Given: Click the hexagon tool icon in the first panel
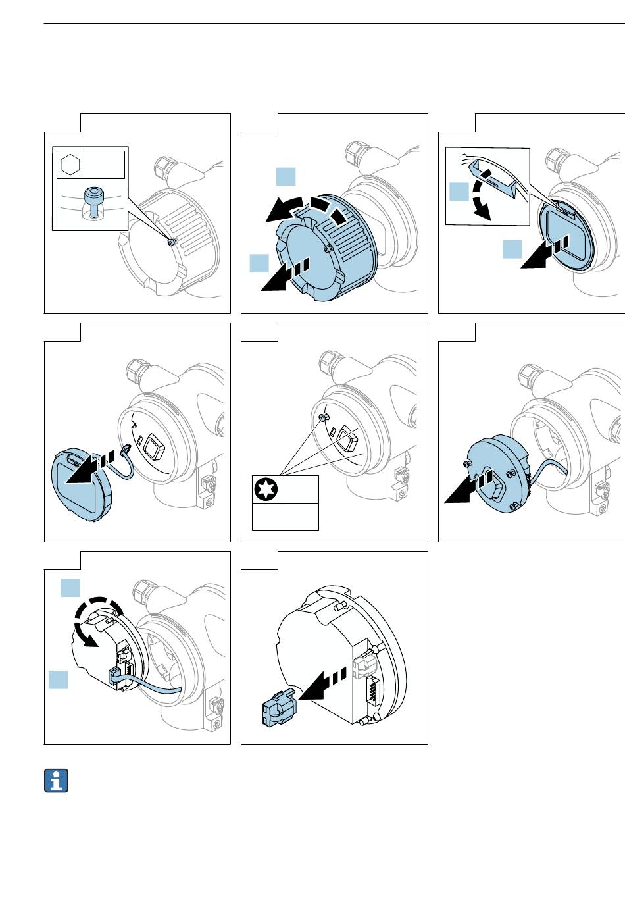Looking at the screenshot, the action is point(68,164).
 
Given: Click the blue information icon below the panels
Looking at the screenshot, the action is point(57,781).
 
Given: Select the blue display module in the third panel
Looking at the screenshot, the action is point(566,234).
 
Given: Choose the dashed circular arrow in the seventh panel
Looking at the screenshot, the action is point(96,622).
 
